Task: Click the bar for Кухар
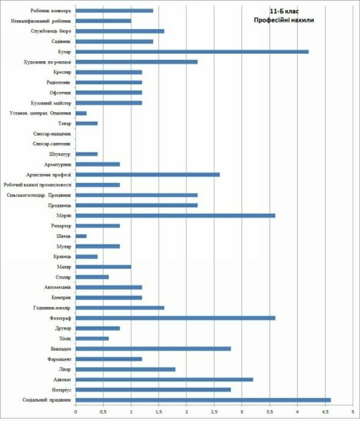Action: (x=192, y=52)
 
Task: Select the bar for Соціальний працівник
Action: (x=203, y=399)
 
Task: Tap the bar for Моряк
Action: (x=175, y=215)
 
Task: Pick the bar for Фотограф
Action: (x=175, y=318)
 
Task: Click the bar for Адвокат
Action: (x=164, y=379)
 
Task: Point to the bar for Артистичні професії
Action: (x=148, y=174)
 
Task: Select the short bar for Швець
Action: (x=81, y=235)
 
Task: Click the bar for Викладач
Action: (x=153, y=348)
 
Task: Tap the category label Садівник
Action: (x=61, y=41)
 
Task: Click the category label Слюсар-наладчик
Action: (x=53, y=133)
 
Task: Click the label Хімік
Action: (x=65, y=338)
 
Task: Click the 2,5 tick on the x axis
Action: (x=214, y=411)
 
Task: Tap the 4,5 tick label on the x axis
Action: (x=325, y=411)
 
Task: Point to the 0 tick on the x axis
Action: (x=76, y=411)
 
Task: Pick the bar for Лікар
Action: (x=125, y=369)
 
